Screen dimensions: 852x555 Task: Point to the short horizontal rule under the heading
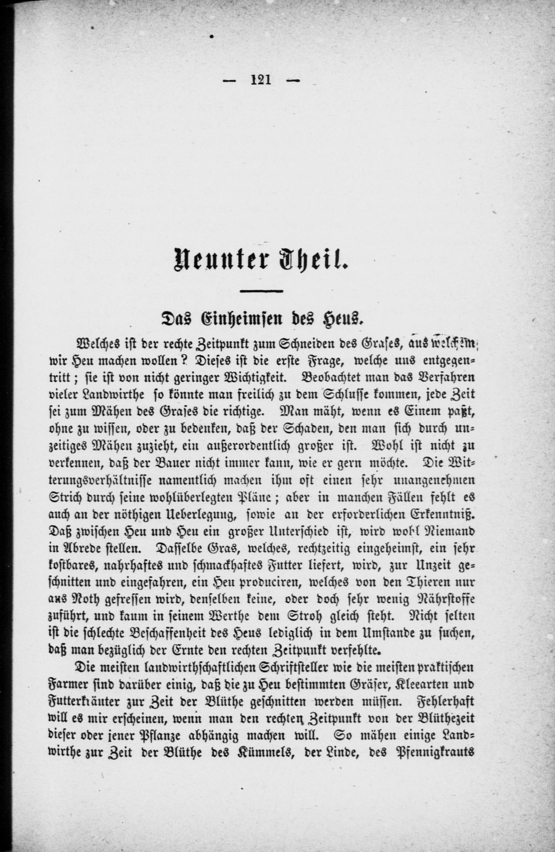point(261,291)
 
